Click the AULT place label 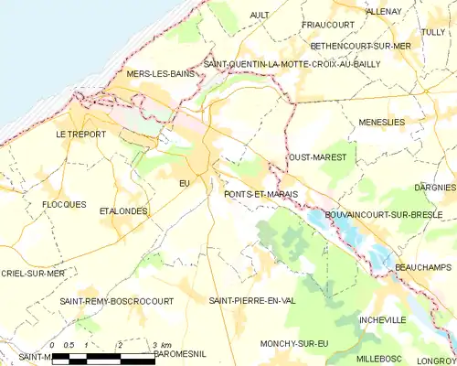click(260, 15)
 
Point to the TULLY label click(433, 31)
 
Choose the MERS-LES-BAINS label click(162, 73)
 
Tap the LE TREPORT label click(80, 135)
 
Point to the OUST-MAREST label click(317, 157)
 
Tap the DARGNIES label click(434, 187)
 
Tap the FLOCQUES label click(63, 204)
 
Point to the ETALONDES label click(123, 210)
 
